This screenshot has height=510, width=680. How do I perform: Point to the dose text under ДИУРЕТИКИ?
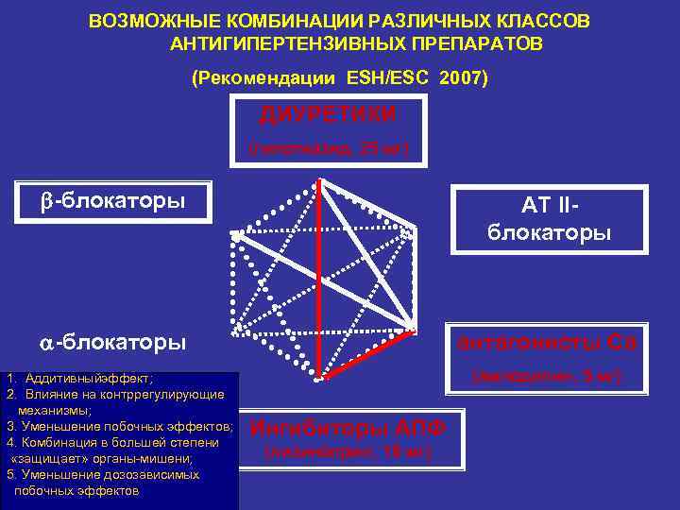(x=327, y=148)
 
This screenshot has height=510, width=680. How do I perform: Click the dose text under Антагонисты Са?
(x=549, y=376)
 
